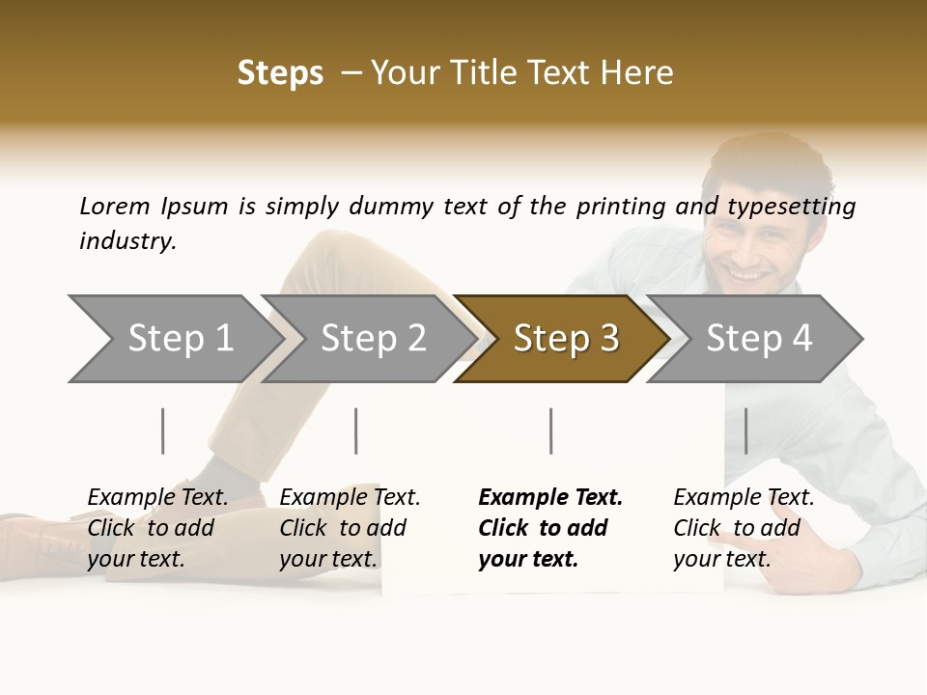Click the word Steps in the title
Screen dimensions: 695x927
pyautogui.click(x=280, y=73)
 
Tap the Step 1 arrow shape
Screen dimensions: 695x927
pyautogui.click(x=174, y=339)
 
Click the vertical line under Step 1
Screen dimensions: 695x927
pyautogui.click(x=162, y=431)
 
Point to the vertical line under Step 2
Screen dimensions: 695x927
pyautogui.click(x=355, y=431)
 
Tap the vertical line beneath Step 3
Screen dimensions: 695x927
pyautogui.click(x=550, y=431)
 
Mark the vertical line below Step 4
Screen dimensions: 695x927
pyautogui.click(x=745, y=431)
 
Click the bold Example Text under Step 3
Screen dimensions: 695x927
pyautogui.click(x=550, y=528)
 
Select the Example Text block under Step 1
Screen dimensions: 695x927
pyautogui.click(x=157, y=528)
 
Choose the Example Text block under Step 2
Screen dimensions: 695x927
pyautogui.click(x=350, y=528)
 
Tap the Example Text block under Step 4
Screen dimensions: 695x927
pyautogui.click(x=744, y=528)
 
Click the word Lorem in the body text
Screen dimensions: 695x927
pyautogui.click(x=115, y=207)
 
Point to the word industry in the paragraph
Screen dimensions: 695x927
pyautogui.click(x=127, y=241)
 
